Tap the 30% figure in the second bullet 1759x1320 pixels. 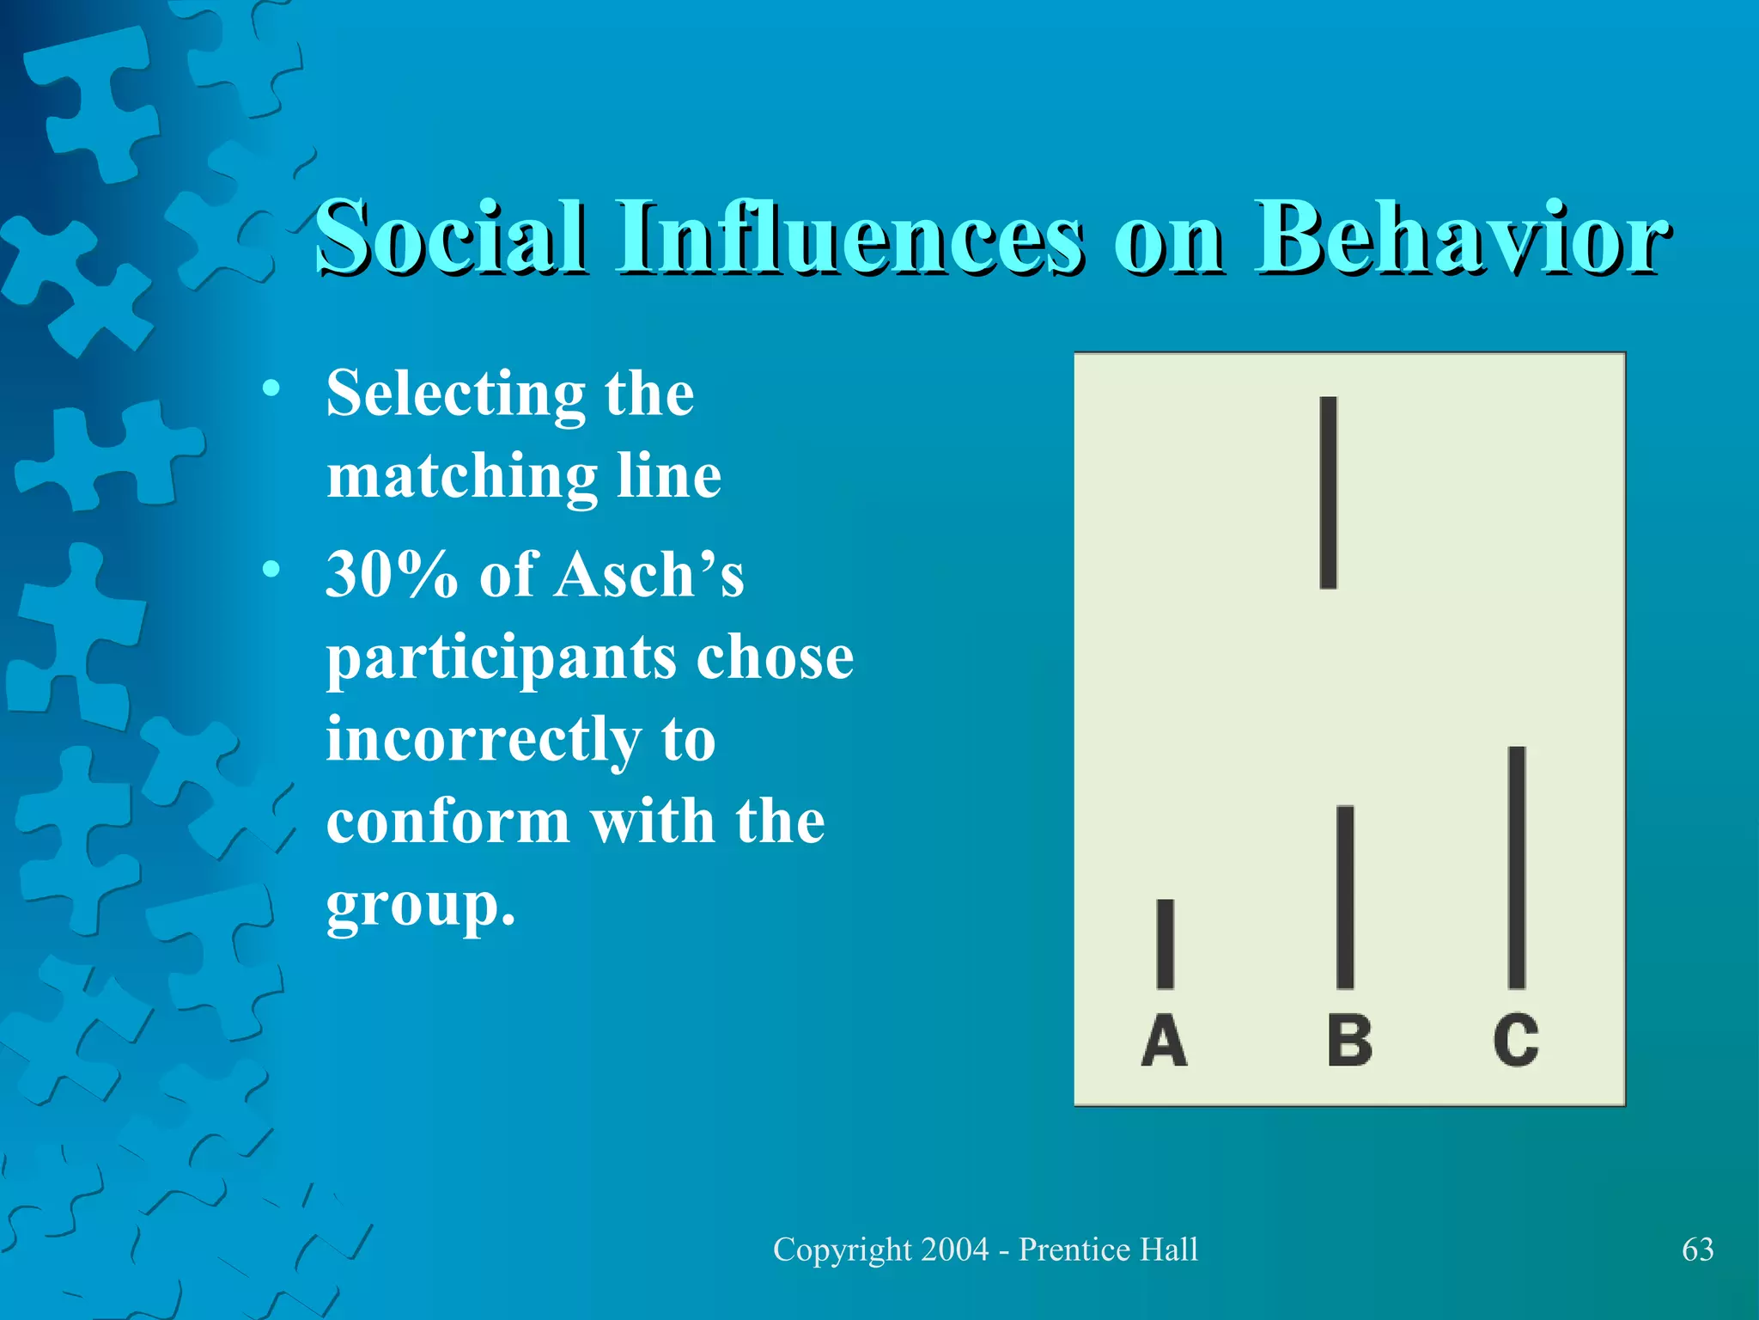click(x=392, y=574)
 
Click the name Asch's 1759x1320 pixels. click(x=649, y=574)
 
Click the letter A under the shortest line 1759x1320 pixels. click(x=1164, y=1041)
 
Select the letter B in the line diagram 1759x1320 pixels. click(x=1349, y=1041)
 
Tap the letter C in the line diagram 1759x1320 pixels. click(x=1516, y=1041)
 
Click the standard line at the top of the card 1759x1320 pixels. click(x=1328, y=492)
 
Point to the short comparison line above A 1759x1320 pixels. click(x=1166, y=944)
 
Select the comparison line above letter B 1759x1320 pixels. click(x=1345, y=897)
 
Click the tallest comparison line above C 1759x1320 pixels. click(x=1517, y=868)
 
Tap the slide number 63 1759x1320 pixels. click(x=1697, y=1250)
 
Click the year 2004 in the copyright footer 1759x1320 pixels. click(x=953, y=1250)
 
